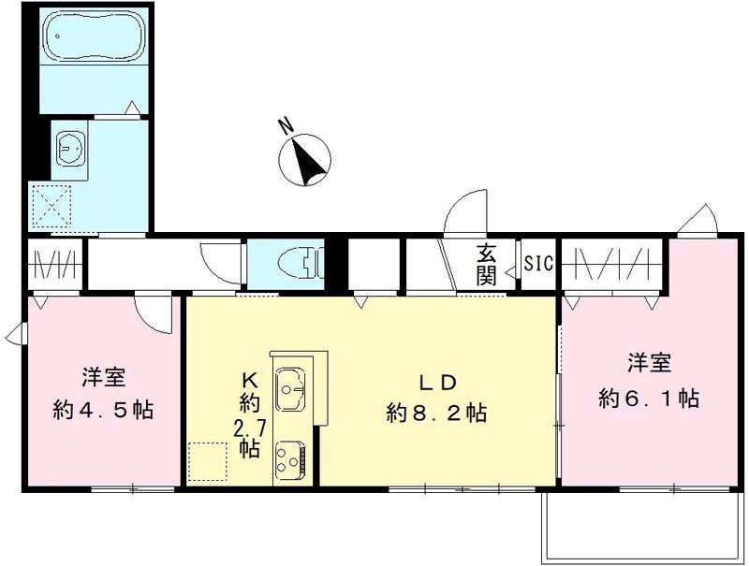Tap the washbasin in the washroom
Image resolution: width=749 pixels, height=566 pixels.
click(x=70, y=146)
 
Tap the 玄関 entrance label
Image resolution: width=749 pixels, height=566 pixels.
click(x=487, y=263)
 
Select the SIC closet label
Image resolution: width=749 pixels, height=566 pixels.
click(x=538, y=264)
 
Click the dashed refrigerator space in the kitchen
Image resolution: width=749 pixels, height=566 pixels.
click(x=208, y=461)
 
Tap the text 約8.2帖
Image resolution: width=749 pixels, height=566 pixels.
click(x=436, y=413)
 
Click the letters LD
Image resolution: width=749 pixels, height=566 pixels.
click(x=436, y=383)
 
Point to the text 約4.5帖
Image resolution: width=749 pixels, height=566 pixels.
click(x=104, y=409)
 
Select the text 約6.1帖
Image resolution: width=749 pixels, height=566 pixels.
click(x=649, y=397)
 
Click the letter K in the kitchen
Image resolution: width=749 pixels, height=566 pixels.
click(x=249, y=381)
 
